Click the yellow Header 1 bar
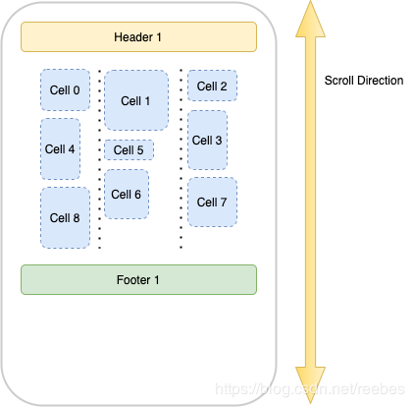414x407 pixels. point(138,36)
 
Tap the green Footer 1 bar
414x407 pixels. point(138,279)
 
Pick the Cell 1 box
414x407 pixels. point(135,100)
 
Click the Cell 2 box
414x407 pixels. point(212,87)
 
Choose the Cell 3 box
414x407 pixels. point(207,140)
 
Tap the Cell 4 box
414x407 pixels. point(60,149)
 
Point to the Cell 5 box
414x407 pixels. point(128,150)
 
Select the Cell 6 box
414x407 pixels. point(126,195)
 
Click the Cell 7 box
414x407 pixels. point(212,202)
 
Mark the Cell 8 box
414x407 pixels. point(64,217)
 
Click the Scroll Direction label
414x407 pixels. point(363,81)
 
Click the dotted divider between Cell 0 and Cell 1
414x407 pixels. point(99,157)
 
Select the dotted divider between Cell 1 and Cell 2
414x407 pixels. point(181,157)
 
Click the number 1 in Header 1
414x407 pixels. point(158,36)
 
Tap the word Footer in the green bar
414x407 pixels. point(133,279)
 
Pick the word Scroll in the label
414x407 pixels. point(338,81)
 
